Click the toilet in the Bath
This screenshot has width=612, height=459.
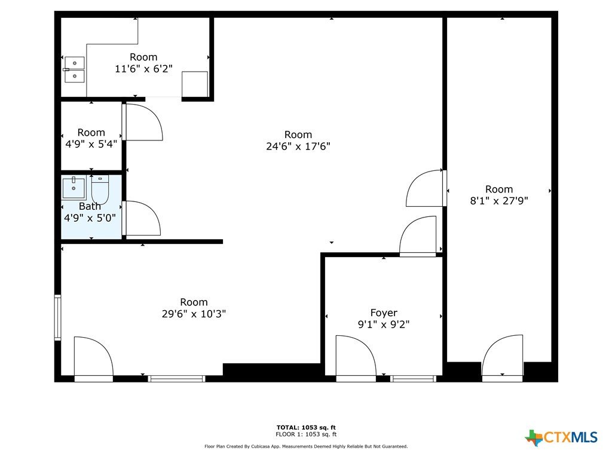pyautogui.click(x=100, y=189)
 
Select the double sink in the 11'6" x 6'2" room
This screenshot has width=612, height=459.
pyautogui.click(x=74, y=69)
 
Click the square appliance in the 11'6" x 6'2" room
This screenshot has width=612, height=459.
pyautogui.click(x=195, y=84)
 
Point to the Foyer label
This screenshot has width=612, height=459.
pyautogui.click(x=384, y=313)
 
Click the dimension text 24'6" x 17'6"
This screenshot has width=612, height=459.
pyautogui.click(x=298, y=146)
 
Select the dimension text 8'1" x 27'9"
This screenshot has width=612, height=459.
pyautogui.click(x=499, y=201)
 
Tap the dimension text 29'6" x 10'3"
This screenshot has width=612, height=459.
pyautogui.click(x=194, y=313)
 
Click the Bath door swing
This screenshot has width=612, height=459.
pyautogui.click(x=142, y=218)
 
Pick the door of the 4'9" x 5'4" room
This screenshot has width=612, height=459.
pyautogui.click(x=143, y=122)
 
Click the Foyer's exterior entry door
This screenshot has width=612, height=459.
pyautogui.click(x=356, y=357)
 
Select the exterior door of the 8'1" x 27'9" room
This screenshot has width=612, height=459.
pyautogui.click(x=502, y=357)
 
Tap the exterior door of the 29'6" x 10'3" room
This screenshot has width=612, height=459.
pyautogui.click(x=94, y=358)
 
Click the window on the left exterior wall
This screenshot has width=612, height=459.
pyautogui.click(x=57, y=317)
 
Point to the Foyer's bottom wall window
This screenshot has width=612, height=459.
pyautogui.click(x=414, y=378)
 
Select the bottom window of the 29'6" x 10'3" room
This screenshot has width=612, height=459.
pyautogui.click(x=176, y=378)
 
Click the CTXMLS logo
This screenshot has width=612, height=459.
pyautogui.click(x=561, y=437)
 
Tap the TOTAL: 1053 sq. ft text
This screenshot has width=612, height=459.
pyautogui.click(x=306, y=427)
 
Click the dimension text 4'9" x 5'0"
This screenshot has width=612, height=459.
pyautogui.click(x=90, y=218)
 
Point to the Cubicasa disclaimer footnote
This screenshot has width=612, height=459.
pyautogui.click(x=306, y=446)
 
